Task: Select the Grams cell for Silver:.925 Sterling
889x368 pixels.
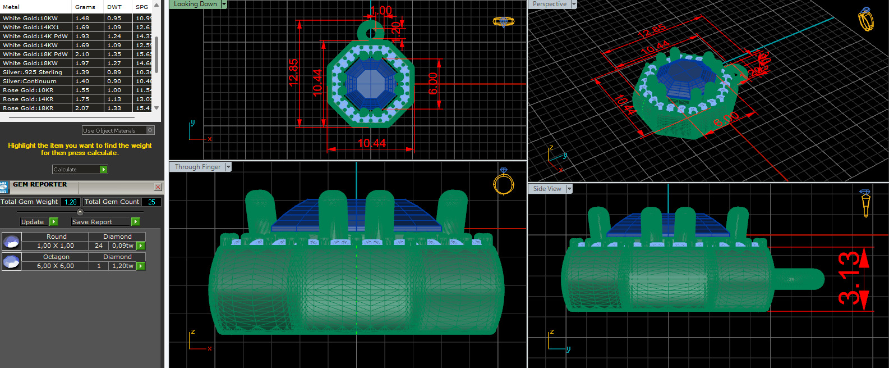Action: pyautogui.click(x=82, y=72)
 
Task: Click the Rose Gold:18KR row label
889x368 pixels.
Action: pyautogui.click(x=28, y=108)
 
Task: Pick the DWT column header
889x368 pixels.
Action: pyautogui.click(x=114, y=7)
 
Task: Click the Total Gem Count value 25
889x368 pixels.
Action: pyautogui.click(x=151, y=202)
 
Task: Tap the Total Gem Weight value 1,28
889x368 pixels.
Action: pyautogui.click(x=70, y=202)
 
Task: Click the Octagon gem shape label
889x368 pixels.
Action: pyautogui.click(x=56, y=257)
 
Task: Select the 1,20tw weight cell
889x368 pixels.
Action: pyautogui.click(x=123, y=266)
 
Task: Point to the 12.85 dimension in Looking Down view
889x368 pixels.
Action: pyautogui.click(x=293, y=72)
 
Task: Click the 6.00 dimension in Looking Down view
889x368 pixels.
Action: pyautogui.click(x=432, y=84)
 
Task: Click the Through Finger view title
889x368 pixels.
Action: pyautogui.click(x=197, y=167)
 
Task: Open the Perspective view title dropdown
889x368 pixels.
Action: pyautogui.click(x=574, y=4)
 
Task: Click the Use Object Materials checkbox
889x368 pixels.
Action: pyautogui.click(x=150, y=130)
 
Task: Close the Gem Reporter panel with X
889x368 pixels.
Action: pyautogui.click(x=158, y=187)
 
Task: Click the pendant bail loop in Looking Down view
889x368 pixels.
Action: pyautogui.click(x=370, y=31)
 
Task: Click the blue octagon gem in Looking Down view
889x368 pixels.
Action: pyautogui.click(x=370, y=83)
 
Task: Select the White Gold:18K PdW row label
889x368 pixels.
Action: pyautogui.click(x=35, y=54)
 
